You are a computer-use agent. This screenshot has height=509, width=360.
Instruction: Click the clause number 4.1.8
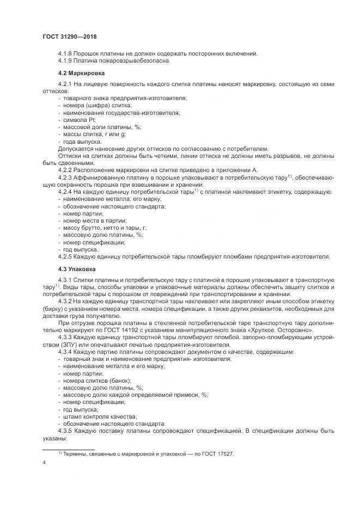click(x=65, y=53)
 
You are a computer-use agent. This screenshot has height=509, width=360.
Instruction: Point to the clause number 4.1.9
click(x=65, y=60)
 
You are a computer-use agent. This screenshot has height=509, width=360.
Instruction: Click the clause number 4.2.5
click(x=65, y=256)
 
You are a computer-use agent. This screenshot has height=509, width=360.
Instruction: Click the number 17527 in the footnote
click(x=224, y=454)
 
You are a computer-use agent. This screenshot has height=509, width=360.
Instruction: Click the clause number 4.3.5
click(x=65, y=431)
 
